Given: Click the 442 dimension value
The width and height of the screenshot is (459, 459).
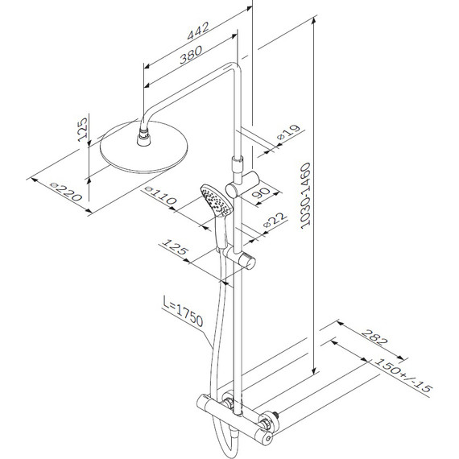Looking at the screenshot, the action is [198, 31].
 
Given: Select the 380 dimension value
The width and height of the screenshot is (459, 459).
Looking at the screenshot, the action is [191, 55].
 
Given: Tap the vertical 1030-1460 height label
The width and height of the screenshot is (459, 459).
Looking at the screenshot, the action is [306, 196].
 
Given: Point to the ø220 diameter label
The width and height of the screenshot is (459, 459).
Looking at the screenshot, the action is [66, 192].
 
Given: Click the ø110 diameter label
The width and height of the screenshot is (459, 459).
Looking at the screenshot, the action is [161, 195].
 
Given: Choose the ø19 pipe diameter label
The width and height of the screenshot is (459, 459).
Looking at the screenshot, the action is [288, 132].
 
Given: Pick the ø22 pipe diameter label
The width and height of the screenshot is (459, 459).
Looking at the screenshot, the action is [275, 220].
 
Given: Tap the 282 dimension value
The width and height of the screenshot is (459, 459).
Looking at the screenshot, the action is [374, 337].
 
